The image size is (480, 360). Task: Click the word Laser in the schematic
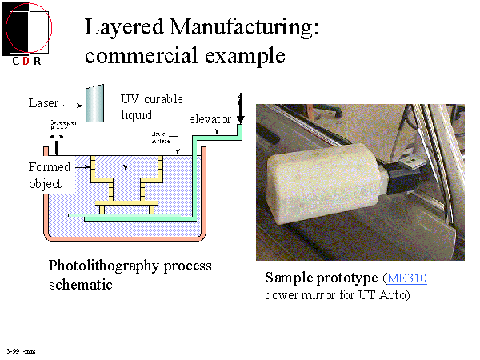[x=43, y=102]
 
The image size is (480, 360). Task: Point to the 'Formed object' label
[x=50, y=174]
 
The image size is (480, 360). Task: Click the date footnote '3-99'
[x=12, y=350]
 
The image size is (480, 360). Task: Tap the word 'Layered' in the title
[x=122, y=27]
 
